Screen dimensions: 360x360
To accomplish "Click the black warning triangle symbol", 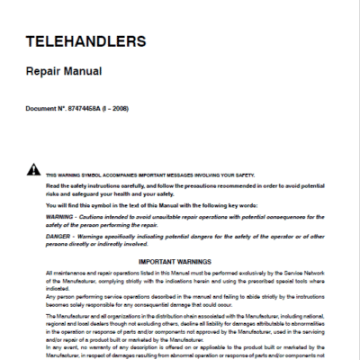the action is (32, 170).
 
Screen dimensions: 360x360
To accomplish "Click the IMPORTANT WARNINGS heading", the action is (180, 262).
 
